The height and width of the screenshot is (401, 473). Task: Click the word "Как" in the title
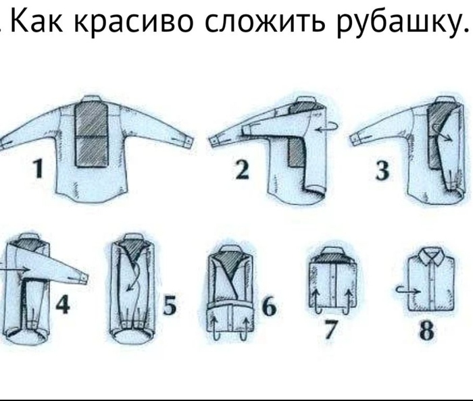(36, 21)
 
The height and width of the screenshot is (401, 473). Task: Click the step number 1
(38, 169)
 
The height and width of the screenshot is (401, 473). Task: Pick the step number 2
(242, 170)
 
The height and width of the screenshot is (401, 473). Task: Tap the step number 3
(382, 171)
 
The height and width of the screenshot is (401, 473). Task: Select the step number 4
(63, 304)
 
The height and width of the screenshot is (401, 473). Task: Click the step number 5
(170, 305)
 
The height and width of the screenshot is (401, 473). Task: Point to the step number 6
(269, 307)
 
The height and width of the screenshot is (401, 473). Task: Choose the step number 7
(331, 330)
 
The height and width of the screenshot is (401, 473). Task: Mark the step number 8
(426, 331)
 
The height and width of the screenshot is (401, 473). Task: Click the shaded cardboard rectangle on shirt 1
(91, 134)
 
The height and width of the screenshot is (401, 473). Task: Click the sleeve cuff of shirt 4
(82, 278)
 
